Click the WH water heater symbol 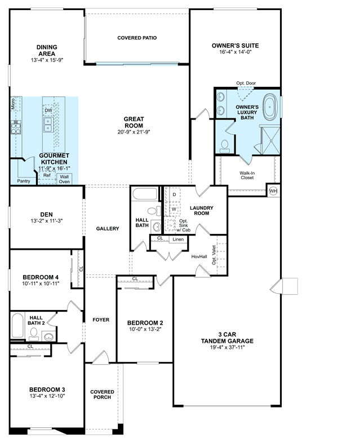[x=273, y=191]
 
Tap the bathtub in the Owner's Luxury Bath [x=270, y=107]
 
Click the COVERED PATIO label [x=137, y=38]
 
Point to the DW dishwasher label [x=48, y=110]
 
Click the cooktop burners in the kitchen [x=16, y=127]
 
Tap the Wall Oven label [x=64, y=179]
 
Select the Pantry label [x=24, y=181]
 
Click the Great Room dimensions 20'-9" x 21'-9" [x=134, y=132]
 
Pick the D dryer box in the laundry [x=174, y=194]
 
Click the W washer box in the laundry [x=174, y=209]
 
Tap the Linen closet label [x=178, y=240]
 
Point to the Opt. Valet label [x=214, y=255]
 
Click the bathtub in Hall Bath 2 [x=17, y=325]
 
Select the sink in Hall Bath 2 [x=49, y=336]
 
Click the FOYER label [x=101, y=320]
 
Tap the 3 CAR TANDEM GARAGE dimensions [x=227, y=348]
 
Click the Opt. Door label [x=246, y=83]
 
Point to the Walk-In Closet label [x=247, y=175]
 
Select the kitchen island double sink [x=48, y=125]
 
